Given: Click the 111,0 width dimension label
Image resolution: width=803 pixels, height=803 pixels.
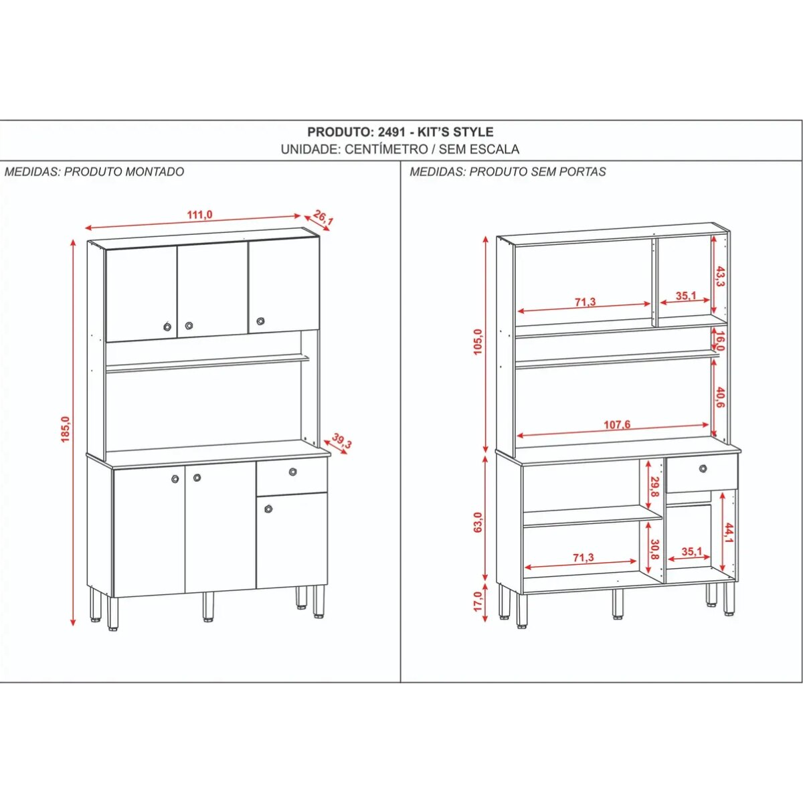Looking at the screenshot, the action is (x=199, y=215).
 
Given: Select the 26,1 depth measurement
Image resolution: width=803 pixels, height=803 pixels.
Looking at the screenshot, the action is (x=323, y=218).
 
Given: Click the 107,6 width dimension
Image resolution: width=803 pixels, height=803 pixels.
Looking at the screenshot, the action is (x=617, y=425).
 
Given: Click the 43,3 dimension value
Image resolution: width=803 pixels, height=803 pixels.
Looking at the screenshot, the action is (x=721, y=277).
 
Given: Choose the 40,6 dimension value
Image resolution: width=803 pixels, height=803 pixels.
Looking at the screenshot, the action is (x=721, y=399).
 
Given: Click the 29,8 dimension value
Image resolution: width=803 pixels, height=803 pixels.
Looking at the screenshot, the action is (x=656, y=486).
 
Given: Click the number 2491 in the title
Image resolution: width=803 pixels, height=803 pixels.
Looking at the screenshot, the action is (x=391, y=132).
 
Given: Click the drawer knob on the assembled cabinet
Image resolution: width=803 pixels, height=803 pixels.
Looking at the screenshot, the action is (x=293, y=472).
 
